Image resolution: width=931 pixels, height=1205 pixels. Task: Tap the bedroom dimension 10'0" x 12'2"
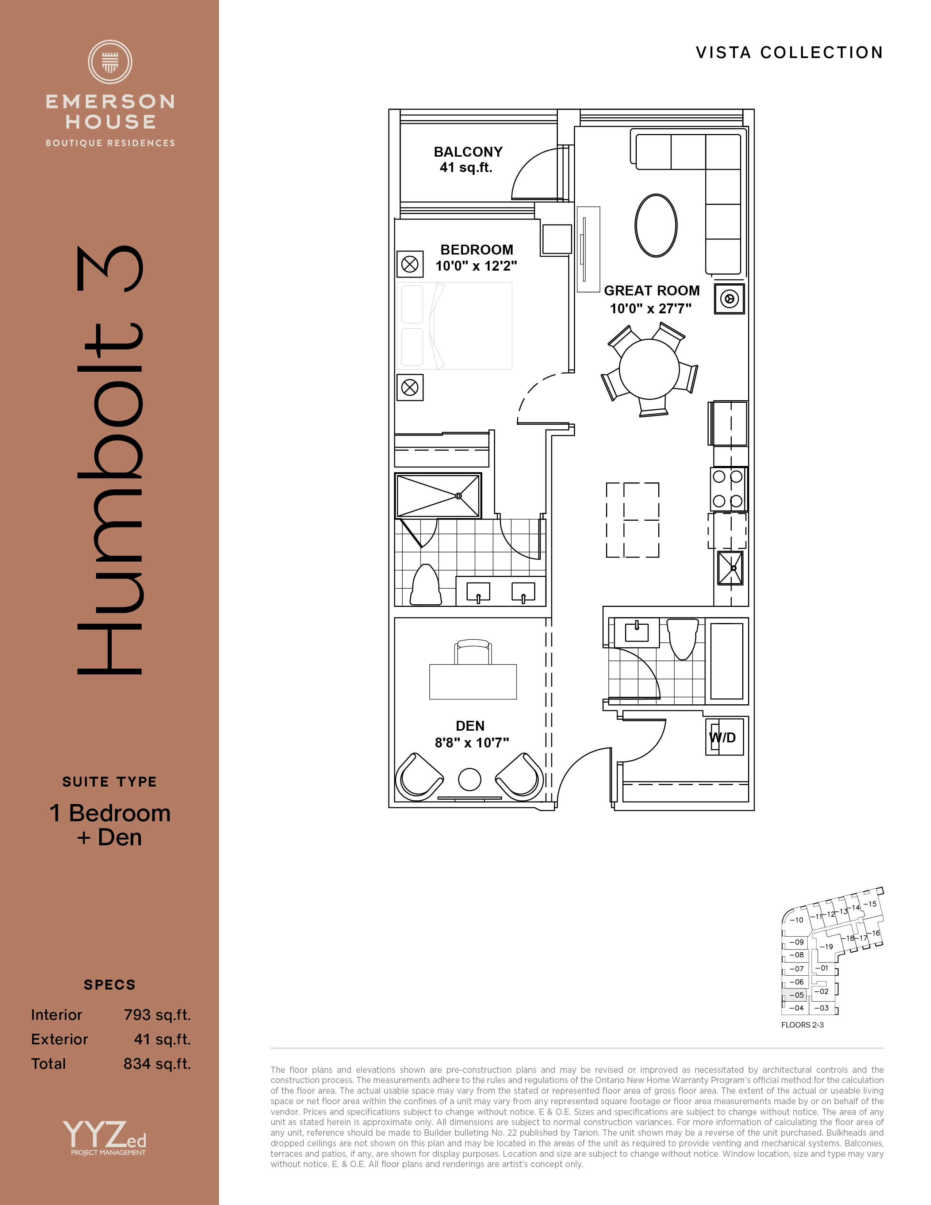pos(476,266)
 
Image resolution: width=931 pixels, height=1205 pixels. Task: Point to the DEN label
pos(470,726)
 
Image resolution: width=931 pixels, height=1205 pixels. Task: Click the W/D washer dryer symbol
pos(725,737)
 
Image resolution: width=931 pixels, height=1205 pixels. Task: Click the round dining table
pos(649,368)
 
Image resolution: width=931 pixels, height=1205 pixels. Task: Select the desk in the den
pos(473,681)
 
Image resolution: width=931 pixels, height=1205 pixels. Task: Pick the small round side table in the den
pos(470,780)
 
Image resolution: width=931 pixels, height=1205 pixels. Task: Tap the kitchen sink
pos(730,568)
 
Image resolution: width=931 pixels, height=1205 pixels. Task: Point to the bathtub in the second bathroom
pos(727,661)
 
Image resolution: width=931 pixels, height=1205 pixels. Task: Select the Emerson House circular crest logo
pos(110,62)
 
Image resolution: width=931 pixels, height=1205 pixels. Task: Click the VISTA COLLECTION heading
pos(789,53)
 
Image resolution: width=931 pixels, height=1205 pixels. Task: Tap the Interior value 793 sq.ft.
pos(157,1015)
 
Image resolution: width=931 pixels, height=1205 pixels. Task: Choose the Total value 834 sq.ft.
pos(157,1063)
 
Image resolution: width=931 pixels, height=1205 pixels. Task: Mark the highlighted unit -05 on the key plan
pos(795,995)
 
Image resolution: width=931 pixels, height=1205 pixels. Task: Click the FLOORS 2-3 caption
pos(802,1025)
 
